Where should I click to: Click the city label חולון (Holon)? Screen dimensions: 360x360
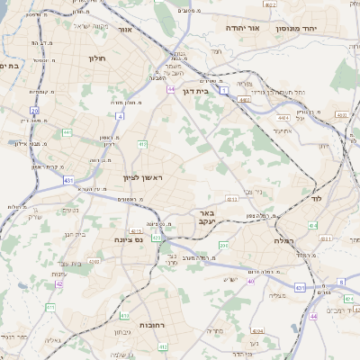coord(97,58)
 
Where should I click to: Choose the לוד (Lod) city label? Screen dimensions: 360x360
coord(315,197)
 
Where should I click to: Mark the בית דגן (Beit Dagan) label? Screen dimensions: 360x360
coord(208,91)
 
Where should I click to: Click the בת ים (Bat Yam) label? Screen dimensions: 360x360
coord(10,66)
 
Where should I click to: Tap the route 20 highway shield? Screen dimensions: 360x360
coord(34,110)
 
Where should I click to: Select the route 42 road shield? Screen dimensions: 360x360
coord(58,283)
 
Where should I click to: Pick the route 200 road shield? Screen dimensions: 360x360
coord(223,244)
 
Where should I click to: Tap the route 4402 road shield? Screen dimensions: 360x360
coord(244,100)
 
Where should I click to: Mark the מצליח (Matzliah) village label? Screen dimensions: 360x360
coord(277,295)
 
